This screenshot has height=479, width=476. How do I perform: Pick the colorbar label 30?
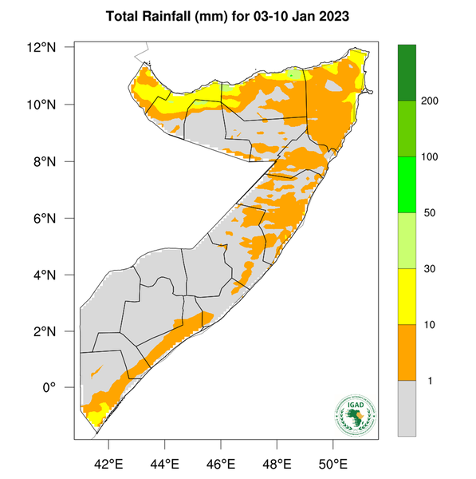click(x=429, y=269)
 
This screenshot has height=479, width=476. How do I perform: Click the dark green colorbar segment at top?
click(x=407, y=72)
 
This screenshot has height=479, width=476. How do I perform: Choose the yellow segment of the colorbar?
click(x=407, y=296)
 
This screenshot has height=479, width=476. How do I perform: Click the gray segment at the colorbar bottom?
click(x=407, y=408)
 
